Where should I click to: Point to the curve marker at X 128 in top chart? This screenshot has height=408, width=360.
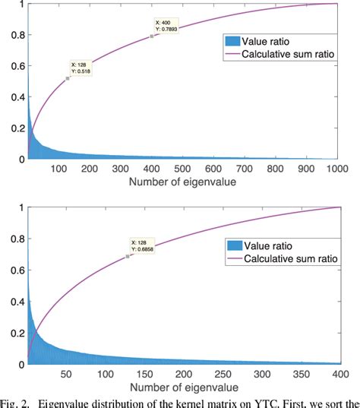click(x=68, y=78)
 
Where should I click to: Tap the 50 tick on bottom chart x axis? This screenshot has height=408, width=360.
click(x=65, y=375)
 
